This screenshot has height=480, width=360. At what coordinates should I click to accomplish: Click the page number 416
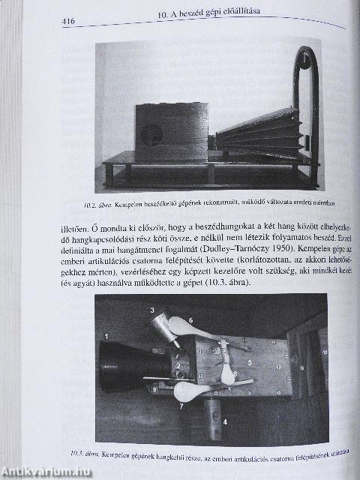73,22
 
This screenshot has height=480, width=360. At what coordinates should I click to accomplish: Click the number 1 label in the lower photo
106,336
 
